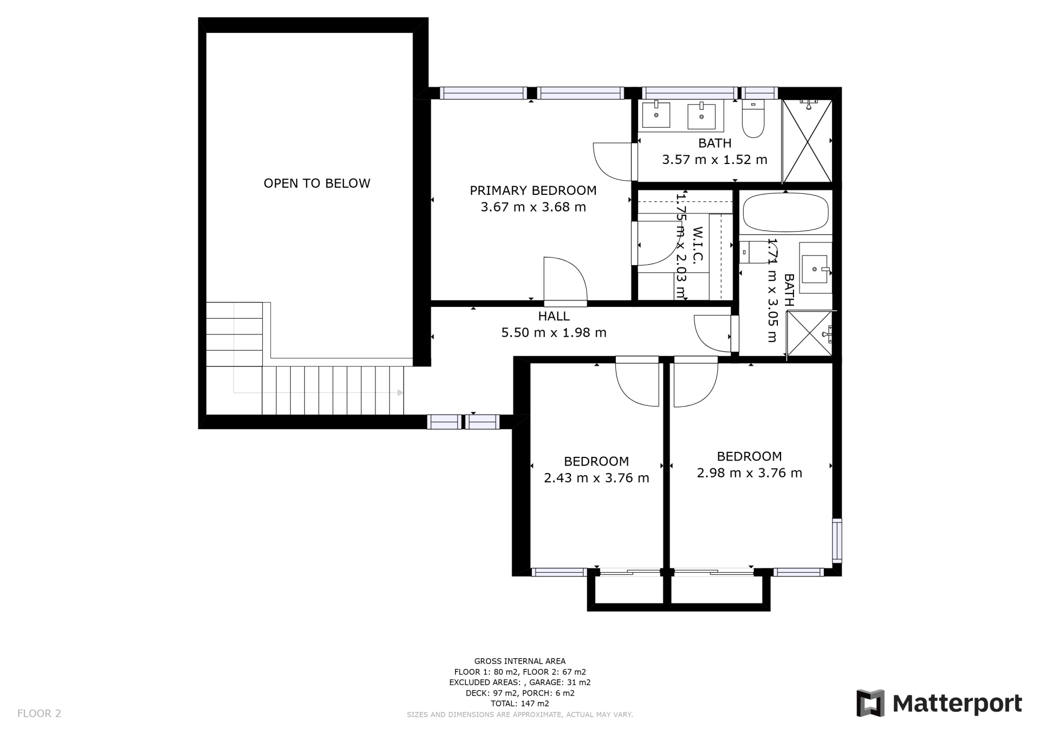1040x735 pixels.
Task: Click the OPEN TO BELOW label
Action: point(317,183)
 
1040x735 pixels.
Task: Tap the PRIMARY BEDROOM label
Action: point(533,191)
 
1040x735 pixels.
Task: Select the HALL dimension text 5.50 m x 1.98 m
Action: point(554,332)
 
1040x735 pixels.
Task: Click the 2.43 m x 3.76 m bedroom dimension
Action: point(596,478)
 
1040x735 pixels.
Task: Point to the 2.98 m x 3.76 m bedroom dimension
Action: point(749,473)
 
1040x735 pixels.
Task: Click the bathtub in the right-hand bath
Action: point(785,213)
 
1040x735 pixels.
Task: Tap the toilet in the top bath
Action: point(752,119)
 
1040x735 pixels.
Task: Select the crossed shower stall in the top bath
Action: point(808,141)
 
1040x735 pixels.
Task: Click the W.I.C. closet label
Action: point(698,245)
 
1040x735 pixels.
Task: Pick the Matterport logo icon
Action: point(870,703)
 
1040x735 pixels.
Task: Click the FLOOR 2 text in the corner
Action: point(39,713)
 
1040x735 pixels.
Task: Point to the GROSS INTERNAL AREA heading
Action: point(520,661)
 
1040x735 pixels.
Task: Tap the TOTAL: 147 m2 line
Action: point(520,704)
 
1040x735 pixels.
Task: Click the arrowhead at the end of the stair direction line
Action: point(401,392)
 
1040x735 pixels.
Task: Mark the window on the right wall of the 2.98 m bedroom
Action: point(837,540)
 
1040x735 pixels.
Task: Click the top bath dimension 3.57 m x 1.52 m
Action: point(714,160)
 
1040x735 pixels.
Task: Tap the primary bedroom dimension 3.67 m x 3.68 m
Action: point(533,207)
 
